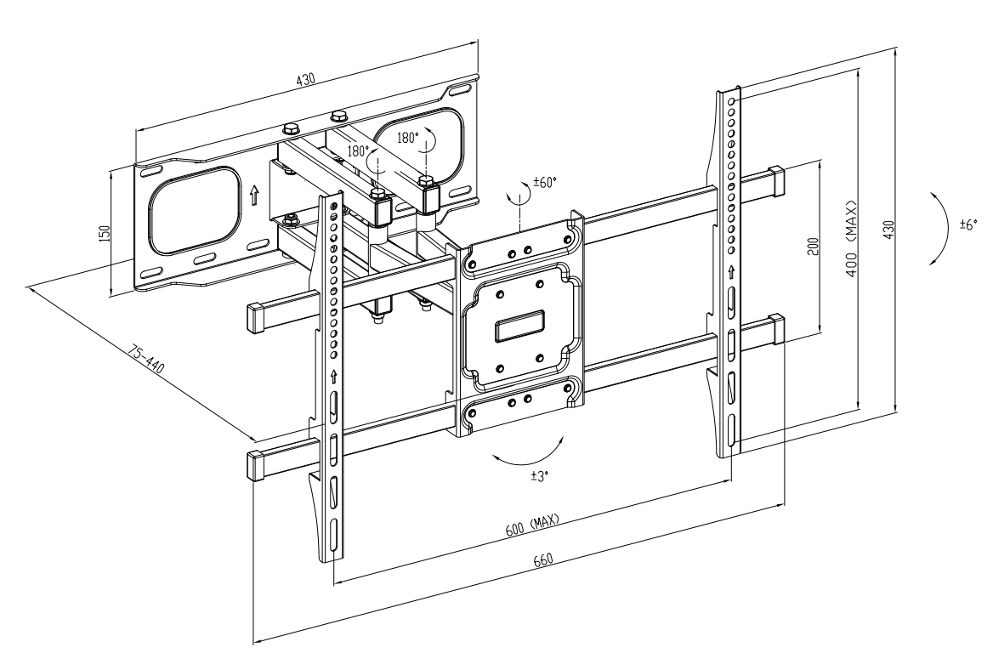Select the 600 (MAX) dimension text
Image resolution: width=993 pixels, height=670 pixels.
click(532, 525)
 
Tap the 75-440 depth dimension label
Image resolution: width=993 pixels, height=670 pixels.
click(146, 359)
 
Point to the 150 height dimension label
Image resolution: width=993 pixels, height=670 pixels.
click(105, 232)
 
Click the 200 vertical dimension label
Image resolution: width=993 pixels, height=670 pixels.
click(814, 246)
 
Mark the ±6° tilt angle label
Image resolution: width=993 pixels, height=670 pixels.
click(968, 224)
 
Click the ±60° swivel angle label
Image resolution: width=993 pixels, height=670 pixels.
click(545, 183)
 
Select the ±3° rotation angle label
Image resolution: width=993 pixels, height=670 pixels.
click(540, 475)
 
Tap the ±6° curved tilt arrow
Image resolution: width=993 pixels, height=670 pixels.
click(945, 228)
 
